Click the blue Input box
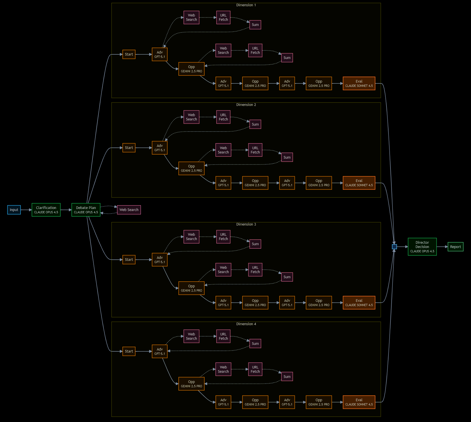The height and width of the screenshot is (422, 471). (14, 210)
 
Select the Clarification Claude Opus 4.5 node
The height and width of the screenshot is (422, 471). (46, 210)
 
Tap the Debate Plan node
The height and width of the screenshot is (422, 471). (86, 210)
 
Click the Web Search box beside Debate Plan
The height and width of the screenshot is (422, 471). (129, 210)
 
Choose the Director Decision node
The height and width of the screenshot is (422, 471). (422, 247)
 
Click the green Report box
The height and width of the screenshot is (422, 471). (455, 247)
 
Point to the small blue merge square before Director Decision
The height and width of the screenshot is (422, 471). (394, 247)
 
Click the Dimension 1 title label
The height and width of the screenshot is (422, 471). (246, 5)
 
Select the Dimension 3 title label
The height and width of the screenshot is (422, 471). (246, 224)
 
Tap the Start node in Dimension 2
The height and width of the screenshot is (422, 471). (129, 148)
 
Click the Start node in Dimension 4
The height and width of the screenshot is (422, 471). (129, 351)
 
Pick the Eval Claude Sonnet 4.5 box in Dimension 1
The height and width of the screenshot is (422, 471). (359, 83)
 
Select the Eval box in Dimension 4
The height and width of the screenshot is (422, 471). (359, 402)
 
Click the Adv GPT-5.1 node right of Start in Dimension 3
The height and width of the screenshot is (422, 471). (160, 260)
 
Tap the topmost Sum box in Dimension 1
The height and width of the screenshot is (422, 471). (255, 25)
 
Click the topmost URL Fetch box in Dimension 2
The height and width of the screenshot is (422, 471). (223, 117)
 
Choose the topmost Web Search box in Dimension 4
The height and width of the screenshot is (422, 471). (192, 336)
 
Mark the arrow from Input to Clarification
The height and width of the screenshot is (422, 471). (26, 210)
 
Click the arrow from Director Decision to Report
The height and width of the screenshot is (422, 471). (442, 247)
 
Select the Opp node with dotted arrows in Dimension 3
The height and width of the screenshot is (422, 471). (192, 288)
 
